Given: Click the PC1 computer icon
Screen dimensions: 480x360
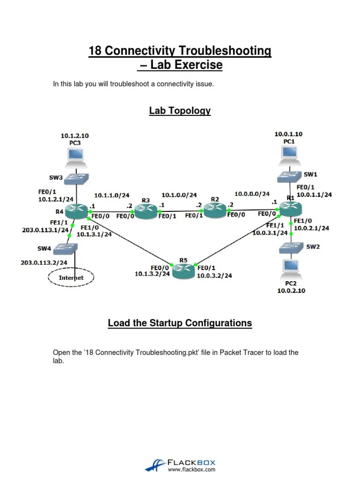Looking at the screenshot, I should click(289, 155).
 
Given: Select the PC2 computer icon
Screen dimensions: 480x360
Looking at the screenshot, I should click(292, 267).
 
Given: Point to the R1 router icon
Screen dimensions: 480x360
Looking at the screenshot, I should click(291, 209).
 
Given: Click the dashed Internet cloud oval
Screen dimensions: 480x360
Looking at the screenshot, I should click(71, 277).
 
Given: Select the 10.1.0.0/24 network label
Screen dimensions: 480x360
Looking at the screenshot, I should click(179, 195).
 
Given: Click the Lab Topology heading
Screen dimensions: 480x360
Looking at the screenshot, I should click(180, 111).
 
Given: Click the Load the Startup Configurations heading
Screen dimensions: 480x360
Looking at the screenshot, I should click(180, 323).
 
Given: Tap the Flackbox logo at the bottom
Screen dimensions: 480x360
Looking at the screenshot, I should click(180, 465).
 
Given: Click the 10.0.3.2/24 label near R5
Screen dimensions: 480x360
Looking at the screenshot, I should click(215, 275).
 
